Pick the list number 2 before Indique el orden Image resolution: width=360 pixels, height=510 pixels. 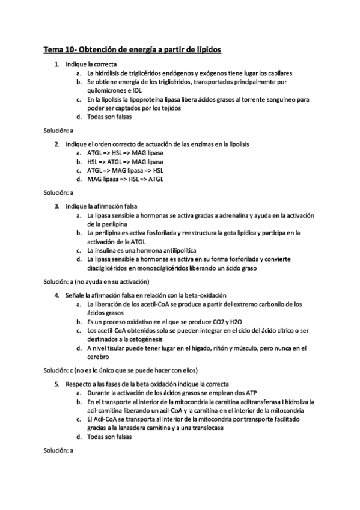tap(56, 144)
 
